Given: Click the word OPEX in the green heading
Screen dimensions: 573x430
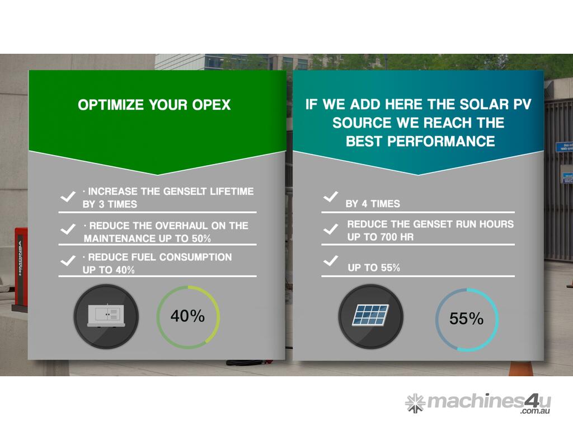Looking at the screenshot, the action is pos(212,105).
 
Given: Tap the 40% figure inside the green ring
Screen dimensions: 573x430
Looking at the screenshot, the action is pos(187,316).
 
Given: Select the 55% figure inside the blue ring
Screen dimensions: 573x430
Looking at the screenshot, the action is pos(466,319).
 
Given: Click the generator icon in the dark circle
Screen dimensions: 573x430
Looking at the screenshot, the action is pos(106,316).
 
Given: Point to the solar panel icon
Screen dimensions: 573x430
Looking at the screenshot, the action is pos(370,315).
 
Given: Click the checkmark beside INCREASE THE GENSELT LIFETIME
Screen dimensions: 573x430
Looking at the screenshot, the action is pos(68,197).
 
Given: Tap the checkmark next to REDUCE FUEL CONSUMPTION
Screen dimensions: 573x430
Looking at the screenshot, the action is pos(68,261).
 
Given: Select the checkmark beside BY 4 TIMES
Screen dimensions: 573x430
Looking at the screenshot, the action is pos(331,197).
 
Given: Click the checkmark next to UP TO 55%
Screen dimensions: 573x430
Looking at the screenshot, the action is pos(331,261).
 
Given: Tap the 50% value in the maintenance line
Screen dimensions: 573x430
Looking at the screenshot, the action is pos(201,239).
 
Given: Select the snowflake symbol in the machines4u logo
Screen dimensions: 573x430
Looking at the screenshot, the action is pos(415,403).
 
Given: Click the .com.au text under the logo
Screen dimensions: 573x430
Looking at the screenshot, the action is pos(535,412).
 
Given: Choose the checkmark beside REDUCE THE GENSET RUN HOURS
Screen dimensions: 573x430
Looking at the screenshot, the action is pos(331,229).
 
